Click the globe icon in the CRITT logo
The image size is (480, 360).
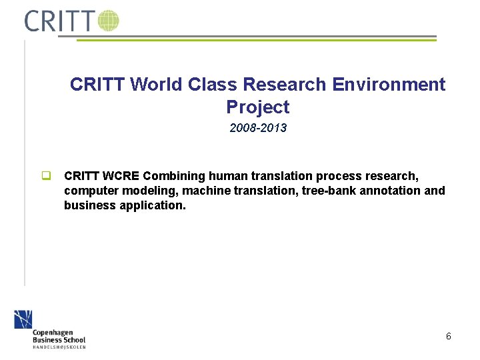point(108,21)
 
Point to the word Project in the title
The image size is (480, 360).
point(257,107)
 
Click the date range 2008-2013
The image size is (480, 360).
point(258,128)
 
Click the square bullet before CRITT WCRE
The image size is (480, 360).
point(47,177)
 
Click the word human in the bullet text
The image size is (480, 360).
point(227,176)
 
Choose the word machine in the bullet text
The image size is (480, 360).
point(203,191)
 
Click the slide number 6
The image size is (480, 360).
point(449,336)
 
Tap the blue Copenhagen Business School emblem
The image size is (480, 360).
point(23,319)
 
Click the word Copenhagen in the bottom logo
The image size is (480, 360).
point(53,332)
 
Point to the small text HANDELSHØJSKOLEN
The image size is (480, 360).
point(59,347)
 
